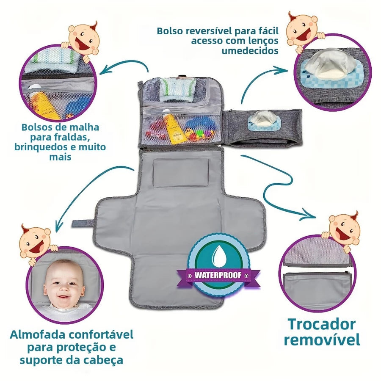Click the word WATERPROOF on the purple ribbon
[x=218, y=275]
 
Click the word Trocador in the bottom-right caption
[x=321, y=324]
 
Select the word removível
[x=322, y=339]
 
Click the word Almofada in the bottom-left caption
[x=38, y=334]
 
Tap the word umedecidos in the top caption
[x=250, y=51]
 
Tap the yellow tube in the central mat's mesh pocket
[x=174, y=128]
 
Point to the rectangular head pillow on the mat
[x=181, y=173]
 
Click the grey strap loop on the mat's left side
[x=83, y=223]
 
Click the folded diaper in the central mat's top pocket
[x=177, y=90]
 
